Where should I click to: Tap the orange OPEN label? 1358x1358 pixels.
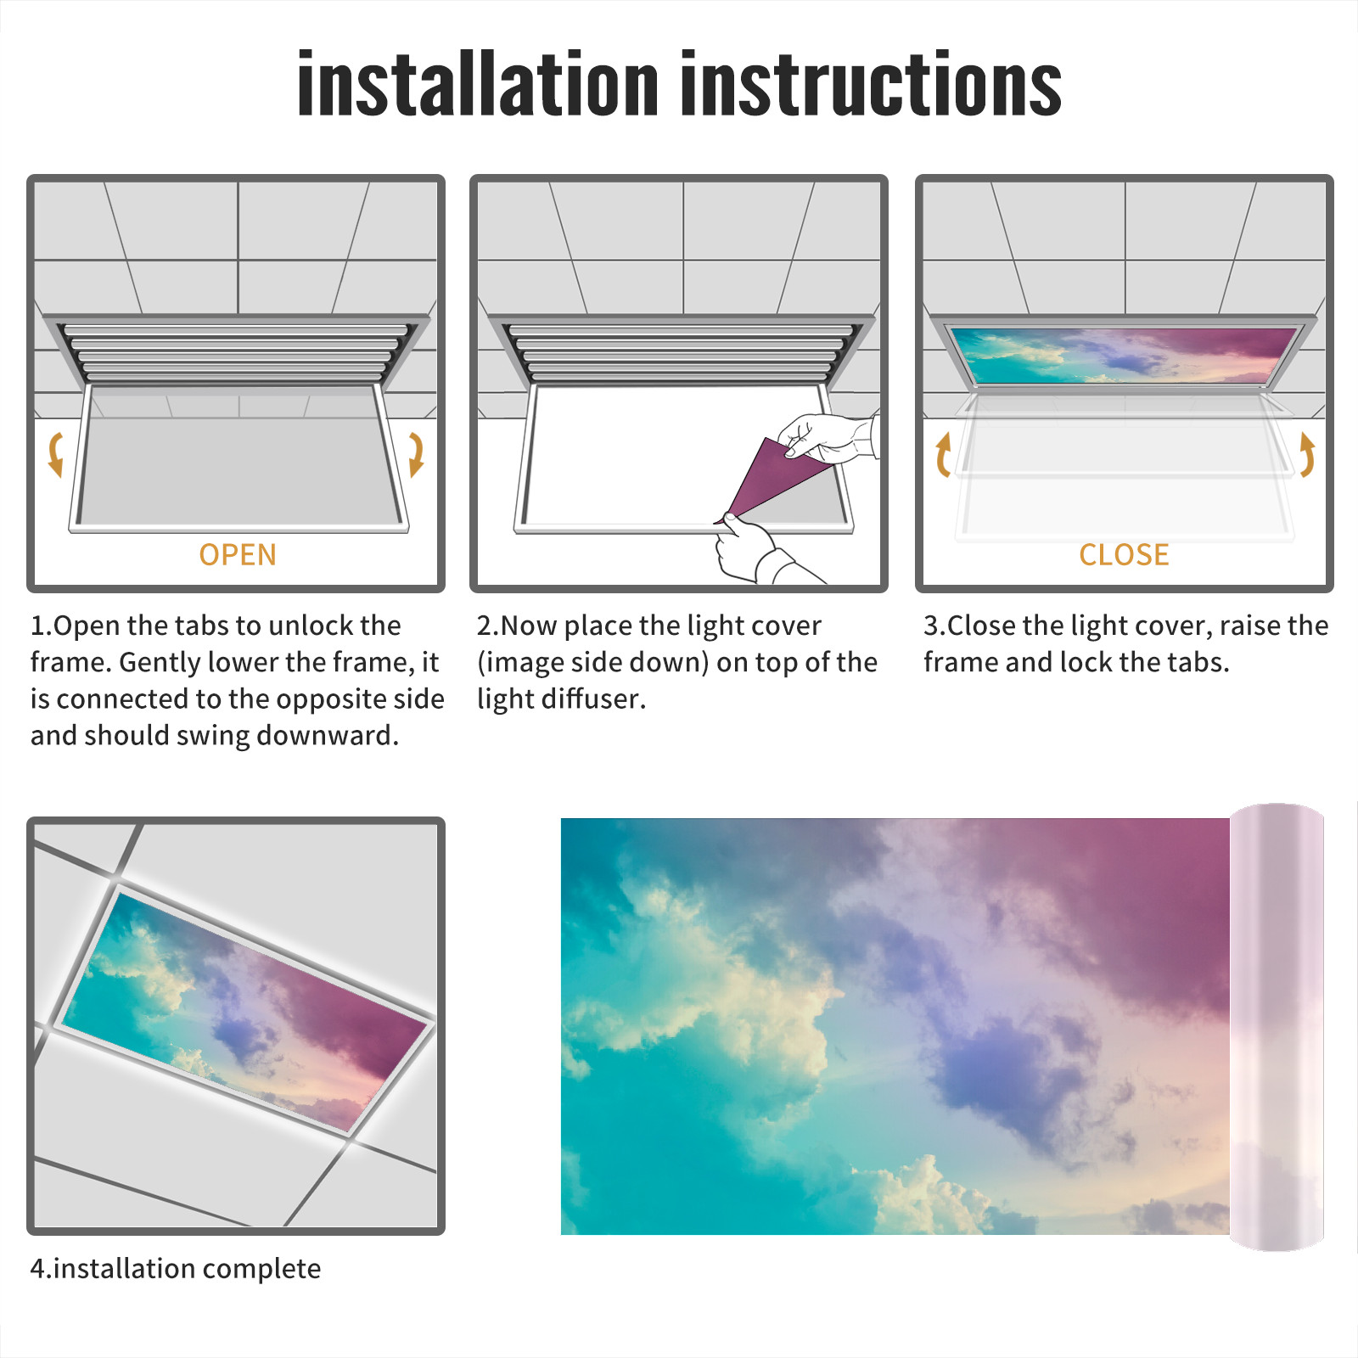(x=238, y=554)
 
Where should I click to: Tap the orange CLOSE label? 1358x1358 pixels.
(x=1124, y=554)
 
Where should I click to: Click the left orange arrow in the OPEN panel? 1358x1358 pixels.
(x=56, y=454)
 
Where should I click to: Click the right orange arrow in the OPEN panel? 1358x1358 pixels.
(x=416, y=454)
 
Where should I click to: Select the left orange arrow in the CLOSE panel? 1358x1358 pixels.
(x=943, y=454)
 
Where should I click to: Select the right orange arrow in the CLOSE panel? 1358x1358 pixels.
(x=1307, y=454)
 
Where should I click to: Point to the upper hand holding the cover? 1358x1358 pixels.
(x=828, y=437)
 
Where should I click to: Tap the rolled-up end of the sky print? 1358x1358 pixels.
(x=1277, y=1027)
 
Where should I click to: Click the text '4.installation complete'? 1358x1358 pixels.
(x=176, y=1268)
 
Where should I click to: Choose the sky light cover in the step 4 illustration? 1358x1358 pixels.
(x=245, y=1010)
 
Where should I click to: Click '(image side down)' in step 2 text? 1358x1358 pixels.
(x=592, y=662)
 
